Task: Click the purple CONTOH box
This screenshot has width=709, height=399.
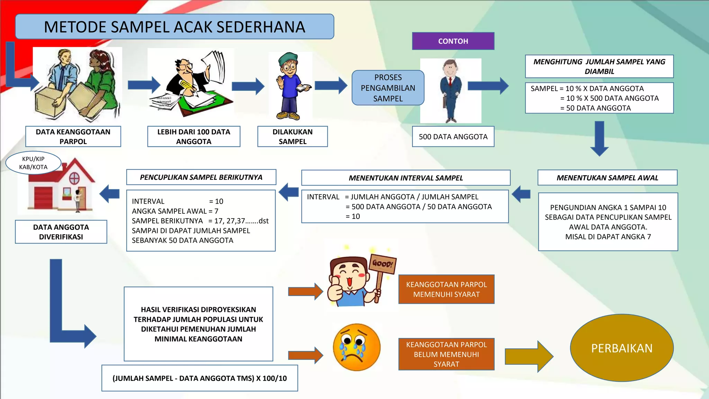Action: pos(453,41)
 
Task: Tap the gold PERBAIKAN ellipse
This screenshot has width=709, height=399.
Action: pos(621,348)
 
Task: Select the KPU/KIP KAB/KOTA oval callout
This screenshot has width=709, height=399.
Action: pos(33,163)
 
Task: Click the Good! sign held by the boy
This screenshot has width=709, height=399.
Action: pos(383,264)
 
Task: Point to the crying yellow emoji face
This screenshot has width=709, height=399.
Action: pos(356,347)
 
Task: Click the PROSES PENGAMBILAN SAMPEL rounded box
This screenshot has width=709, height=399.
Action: pos(388,88)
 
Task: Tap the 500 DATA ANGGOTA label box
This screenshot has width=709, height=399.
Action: pos(453,137)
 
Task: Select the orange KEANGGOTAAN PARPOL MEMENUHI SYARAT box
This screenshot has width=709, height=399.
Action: pos(446,289)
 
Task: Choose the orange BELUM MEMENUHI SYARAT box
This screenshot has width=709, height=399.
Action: pos(446,354)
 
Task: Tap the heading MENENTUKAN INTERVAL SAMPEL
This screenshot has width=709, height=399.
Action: pos(406,178)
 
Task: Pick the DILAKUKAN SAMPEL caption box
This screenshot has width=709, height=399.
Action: pos(293,136)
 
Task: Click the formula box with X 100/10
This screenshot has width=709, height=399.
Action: pos(200,378)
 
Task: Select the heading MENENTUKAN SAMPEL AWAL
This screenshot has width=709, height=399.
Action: pos(607,178)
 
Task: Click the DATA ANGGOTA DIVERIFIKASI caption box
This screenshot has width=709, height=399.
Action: pos(61,232)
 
